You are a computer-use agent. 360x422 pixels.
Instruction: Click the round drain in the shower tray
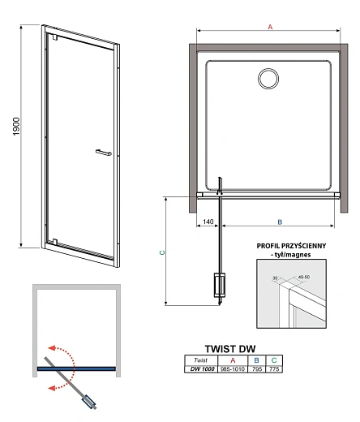click(x=268, y=79)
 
